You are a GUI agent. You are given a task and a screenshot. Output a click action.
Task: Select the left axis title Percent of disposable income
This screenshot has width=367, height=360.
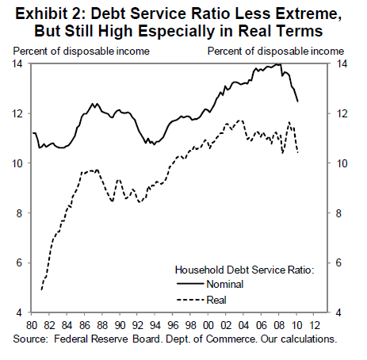(82, 52)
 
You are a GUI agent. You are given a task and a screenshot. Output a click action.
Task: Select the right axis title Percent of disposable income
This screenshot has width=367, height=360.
(276, 52)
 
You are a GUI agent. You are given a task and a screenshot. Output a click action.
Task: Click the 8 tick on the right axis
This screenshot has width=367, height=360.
(338, 213)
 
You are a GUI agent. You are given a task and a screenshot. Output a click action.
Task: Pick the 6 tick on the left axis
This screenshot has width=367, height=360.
(19, 262)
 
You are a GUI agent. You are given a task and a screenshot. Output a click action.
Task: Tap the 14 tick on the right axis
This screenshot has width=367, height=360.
(341, 64)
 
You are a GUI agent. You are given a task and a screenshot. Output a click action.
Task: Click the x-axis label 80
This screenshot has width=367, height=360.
(32, 325)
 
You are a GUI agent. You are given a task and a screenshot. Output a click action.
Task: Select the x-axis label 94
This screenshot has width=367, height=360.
(155, 325)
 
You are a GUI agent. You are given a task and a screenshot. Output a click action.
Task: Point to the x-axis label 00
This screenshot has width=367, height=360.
(208, 325)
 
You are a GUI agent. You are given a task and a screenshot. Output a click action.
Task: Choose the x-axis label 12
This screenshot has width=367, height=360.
(314, 325)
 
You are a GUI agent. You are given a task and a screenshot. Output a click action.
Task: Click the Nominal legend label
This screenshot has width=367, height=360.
(225, 285)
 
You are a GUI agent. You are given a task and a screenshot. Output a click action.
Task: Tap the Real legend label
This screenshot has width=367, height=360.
(216, 300)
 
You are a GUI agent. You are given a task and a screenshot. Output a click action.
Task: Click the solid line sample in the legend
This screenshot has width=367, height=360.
(190, 284)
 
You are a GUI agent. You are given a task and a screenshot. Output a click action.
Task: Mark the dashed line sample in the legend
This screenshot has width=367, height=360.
(190, 300)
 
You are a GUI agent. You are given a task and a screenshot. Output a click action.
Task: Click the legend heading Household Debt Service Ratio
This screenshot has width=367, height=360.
(244, 270)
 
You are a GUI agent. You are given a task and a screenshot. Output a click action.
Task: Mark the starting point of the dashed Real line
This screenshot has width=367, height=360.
(41, 290)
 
